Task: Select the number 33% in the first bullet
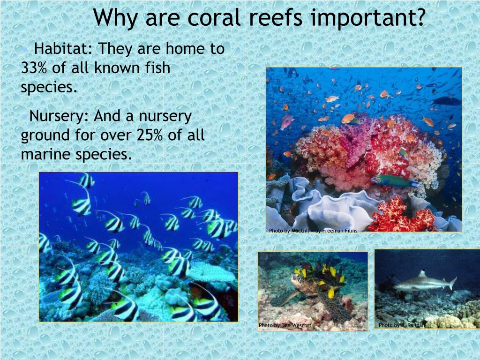pyautogui.click(x=34, y=68)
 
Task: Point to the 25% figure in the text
pyautogui.click(x=150, y=135)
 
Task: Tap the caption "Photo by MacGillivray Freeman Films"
pyautogui.click(x=313, y=231)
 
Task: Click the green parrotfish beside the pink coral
pyautogui.click(x=394, y=181)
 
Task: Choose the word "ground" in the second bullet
pyautogui.click(x=45, y=135)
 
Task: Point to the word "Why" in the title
pyautogui.click(x=115, y=19)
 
